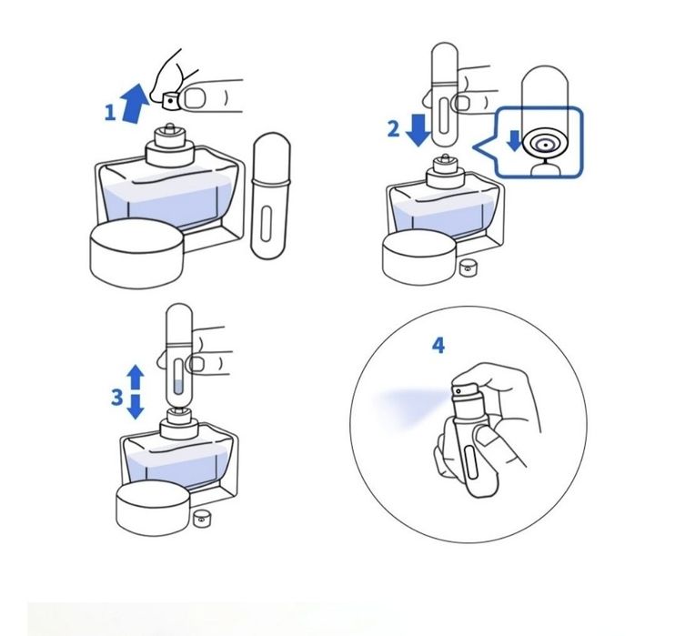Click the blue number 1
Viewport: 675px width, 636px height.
pos(110,113)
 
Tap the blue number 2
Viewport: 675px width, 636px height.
pos(394,129)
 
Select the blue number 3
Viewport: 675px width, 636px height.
pos(117,397)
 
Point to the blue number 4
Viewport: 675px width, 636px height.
pos(438,346)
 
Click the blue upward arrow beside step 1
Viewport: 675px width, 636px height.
pos(135,104)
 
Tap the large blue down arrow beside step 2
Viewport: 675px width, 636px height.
pos(418,129)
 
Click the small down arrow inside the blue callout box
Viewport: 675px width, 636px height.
pos(514,141)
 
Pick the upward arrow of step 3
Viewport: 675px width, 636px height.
pos(136,378)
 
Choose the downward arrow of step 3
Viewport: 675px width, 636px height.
pos(136,407)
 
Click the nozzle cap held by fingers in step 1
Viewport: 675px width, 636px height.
pos(170,101)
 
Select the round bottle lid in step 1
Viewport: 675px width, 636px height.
pos(136,253)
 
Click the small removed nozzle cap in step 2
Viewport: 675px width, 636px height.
pos(466,268)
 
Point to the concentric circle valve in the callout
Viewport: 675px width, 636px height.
pos(545,145)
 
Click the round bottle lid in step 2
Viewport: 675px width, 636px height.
pos(419,257)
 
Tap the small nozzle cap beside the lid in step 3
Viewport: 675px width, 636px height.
pos(200,519)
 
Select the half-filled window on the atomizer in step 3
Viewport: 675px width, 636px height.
pos(178,378)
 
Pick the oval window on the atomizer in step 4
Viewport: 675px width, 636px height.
pos(471,463)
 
